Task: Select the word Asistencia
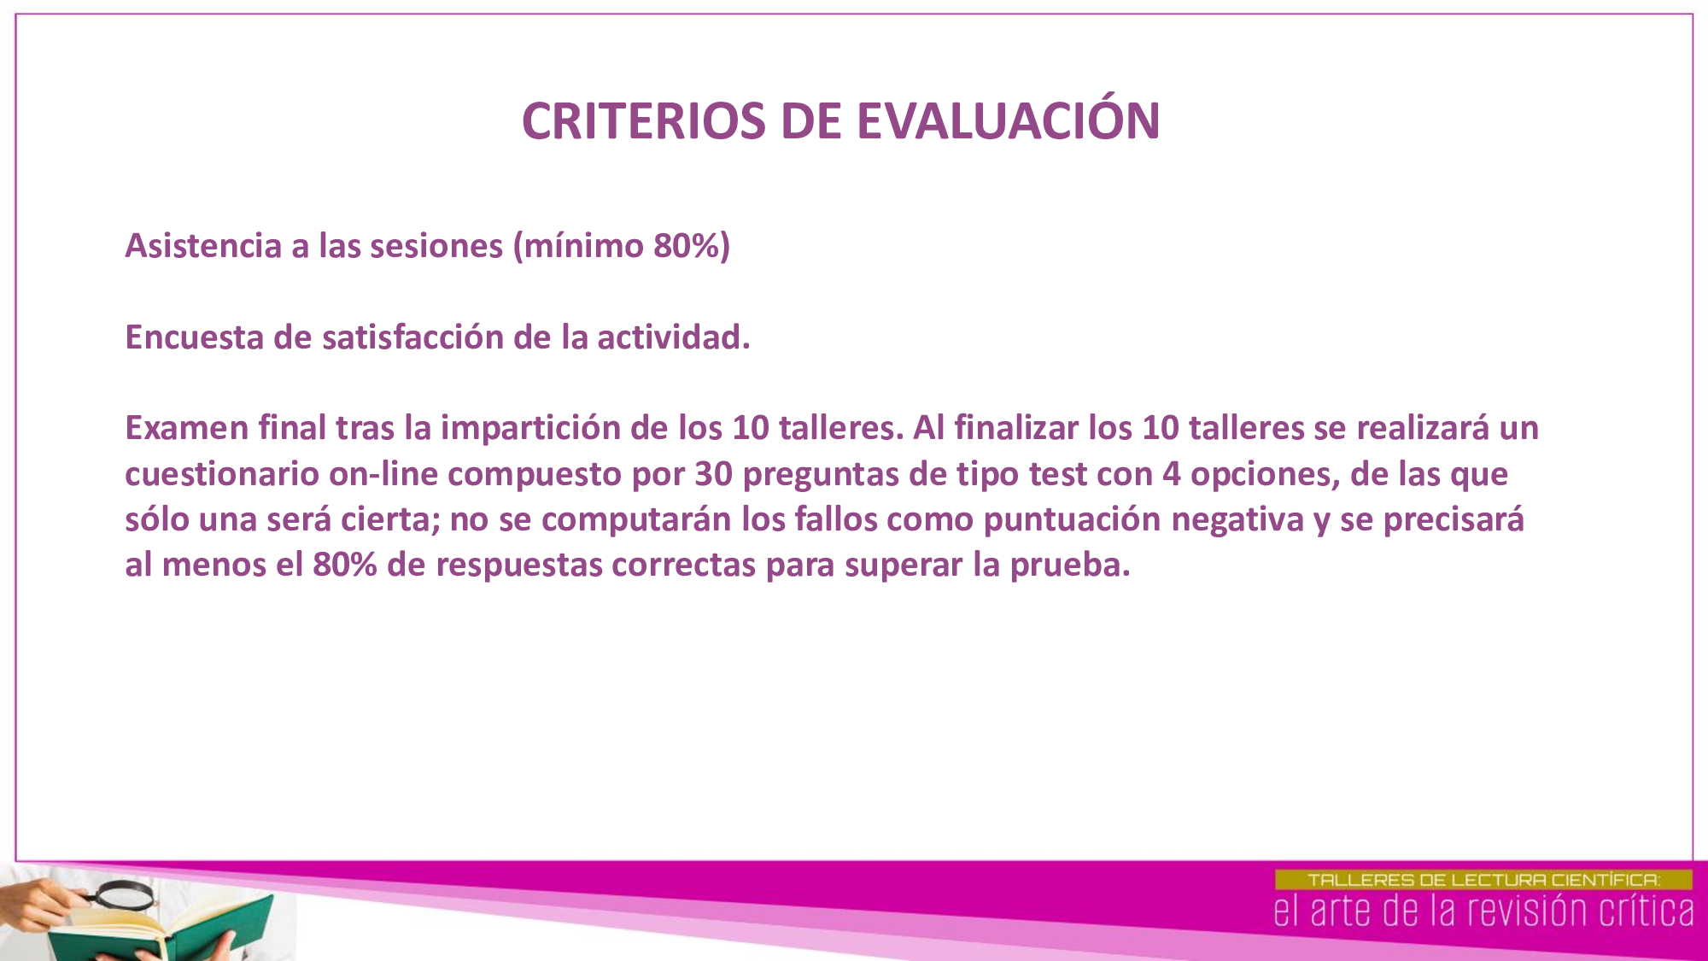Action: pos(203,245)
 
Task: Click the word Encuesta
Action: pos(195,337)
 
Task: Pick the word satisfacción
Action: pos(412,337)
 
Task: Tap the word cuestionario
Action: pos(222,473)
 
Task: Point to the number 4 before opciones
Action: pos(1172,474)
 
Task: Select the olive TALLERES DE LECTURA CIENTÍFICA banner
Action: pos(1483,880)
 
